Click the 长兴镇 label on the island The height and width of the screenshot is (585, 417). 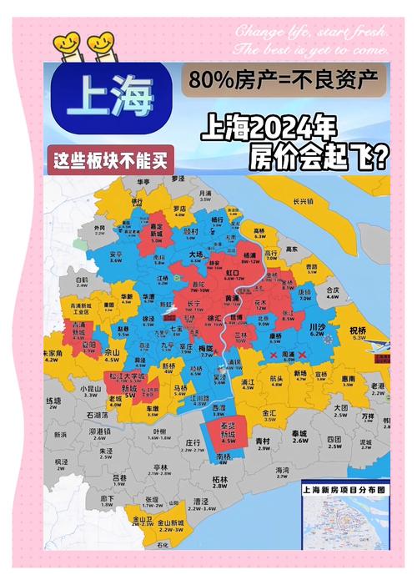(304, 201)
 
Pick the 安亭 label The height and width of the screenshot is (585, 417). (117, 253)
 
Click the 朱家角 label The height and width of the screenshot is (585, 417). (53, 354)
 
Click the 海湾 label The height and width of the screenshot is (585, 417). (282, 472)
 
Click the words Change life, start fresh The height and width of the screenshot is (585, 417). (310, 32)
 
